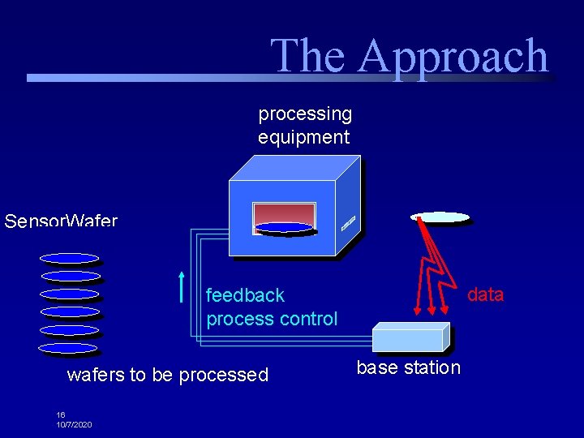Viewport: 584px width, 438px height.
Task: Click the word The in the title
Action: [307, 56]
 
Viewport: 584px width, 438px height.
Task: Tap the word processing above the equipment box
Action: [305, 114]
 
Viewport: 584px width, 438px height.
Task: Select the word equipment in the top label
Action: [303, 137]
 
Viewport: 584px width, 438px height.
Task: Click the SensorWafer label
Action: [61, 221]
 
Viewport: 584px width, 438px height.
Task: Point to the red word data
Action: [485, 294]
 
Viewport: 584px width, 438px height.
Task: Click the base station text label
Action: [408, 367]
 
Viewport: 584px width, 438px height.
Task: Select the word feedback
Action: [245, 294]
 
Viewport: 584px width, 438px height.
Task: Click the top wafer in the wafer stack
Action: [70, 259]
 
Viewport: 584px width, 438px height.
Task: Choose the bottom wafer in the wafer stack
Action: [68, 348]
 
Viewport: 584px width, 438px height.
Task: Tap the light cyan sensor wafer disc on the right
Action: [440, 217]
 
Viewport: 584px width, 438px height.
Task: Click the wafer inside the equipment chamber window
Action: [283, 227]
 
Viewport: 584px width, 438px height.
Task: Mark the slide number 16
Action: [61, 414]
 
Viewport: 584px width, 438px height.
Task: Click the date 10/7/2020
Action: [74, 424]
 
